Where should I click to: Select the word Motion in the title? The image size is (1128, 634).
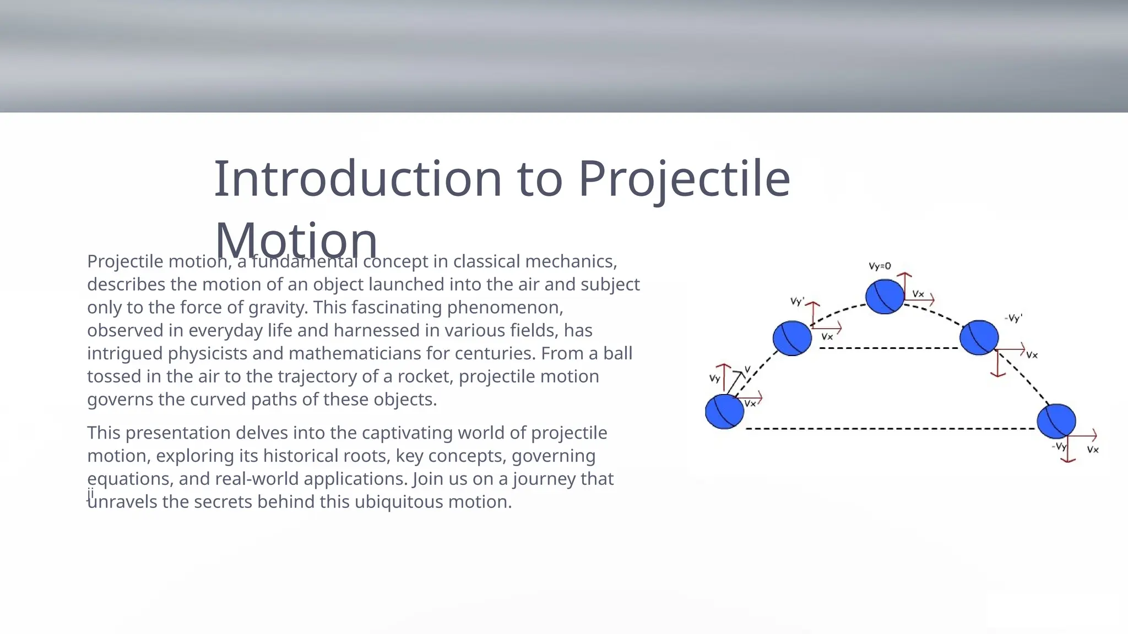coord(296,240)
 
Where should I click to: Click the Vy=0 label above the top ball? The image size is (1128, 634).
coord(880,266)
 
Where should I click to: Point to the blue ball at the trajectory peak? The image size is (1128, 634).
coord(885,297)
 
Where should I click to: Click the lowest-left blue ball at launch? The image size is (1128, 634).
coord(724,411)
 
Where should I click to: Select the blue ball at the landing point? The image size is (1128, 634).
coord(1056,421)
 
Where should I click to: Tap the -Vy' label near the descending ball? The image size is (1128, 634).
coord(1013,318)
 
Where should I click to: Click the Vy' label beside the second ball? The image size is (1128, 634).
coord(797,302)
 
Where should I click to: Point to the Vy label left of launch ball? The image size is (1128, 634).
coord(714,378)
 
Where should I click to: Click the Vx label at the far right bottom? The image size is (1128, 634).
coord(1093,450)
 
